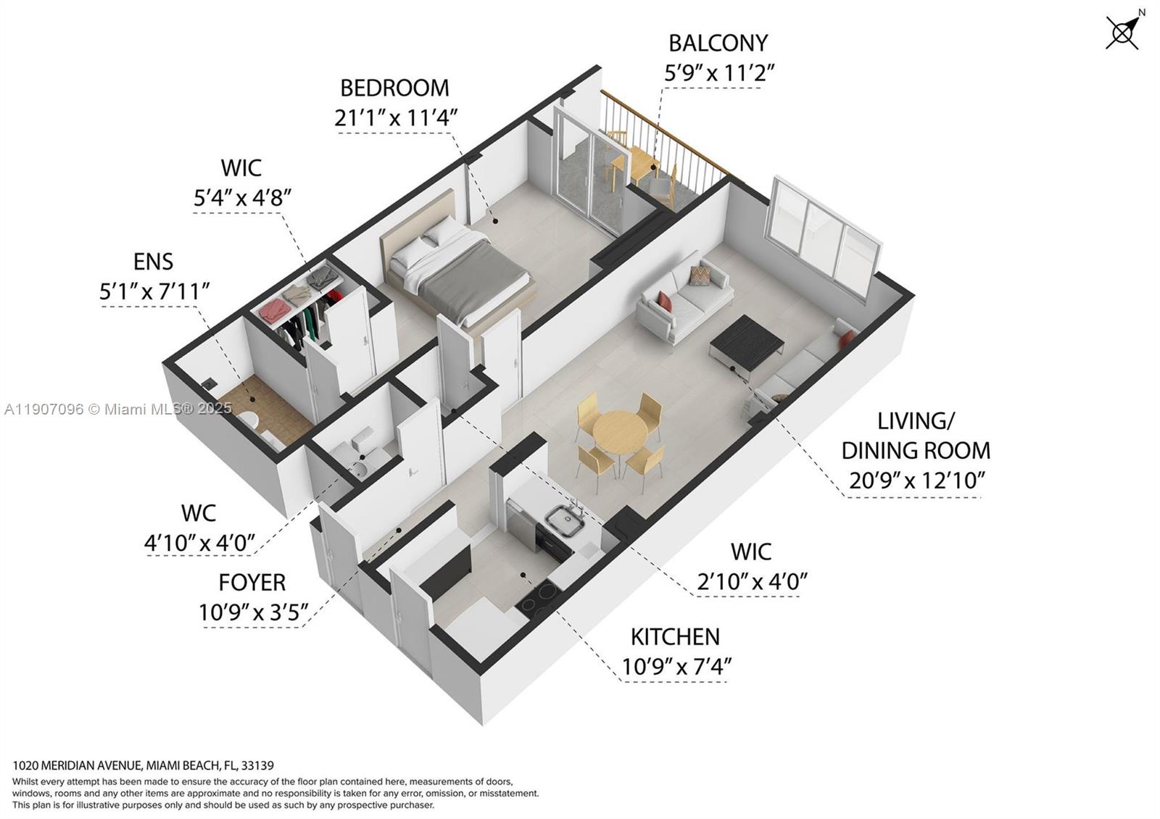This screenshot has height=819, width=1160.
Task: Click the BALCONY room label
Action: pyautogui.click(x=718, y=43)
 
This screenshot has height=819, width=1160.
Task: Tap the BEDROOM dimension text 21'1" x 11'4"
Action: pyautogui.click(x=396, y=117)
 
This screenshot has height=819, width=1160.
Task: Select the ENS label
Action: pyautogui.click(x=153, y=261)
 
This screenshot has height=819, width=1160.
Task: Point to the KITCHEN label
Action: pyautogui.click(x=675, y=637)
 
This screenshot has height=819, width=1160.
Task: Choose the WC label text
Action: pyautogui.click(x=198, y=513)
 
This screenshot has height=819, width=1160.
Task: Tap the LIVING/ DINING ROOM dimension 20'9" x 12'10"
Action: pyautogui.click(x=916, y=480)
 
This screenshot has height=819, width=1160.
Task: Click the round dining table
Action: pyautogui.click(x=620, y=433)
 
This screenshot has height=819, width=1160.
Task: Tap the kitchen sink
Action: pyautogui.click(x=565, y=520)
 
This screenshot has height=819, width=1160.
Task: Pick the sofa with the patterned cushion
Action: pyautogui.click(x=685, y=294)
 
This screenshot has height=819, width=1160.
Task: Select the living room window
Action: pyautogui.click(x=826, y=236)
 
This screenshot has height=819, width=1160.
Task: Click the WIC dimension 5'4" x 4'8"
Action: pyautogui.click(x=242, y=197)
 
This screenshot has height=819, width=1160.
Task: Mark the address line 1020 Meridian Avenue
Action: pyautogui.click(x=143, y=765)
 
